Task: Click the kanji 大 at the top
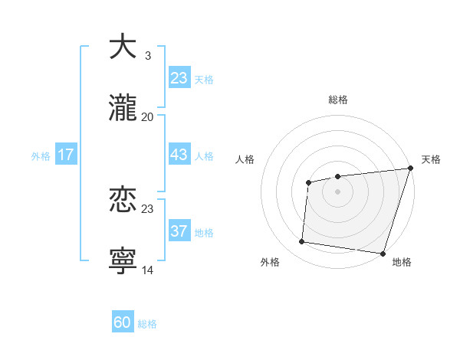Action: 123,47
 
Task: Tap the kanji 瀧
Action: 123,109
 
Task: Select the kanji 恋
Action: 123,201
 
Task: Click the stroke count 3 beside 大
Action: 147,55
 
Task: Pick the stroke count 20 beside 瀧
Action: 147,117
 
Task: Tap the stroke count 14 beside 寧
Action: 148,270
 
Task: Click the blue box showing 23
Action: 179,77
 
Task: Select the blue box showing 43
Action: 179,154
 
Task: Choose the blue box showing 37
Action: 179,231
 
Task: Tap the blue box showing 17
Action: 66,154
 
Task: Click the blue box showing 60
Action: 123,322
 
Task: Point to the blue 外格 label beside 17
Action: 41,155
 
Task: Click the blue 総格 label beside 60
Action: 147,324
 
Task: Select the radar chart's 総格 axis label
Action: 338,100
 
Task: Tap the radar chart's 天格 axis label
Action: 431,159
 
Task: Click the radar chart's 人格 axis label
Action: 245,159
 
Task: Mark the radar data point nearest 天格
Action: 410,169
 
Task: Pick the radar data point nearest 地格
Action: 383,253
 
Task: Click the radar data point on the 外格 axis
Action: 302,241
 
